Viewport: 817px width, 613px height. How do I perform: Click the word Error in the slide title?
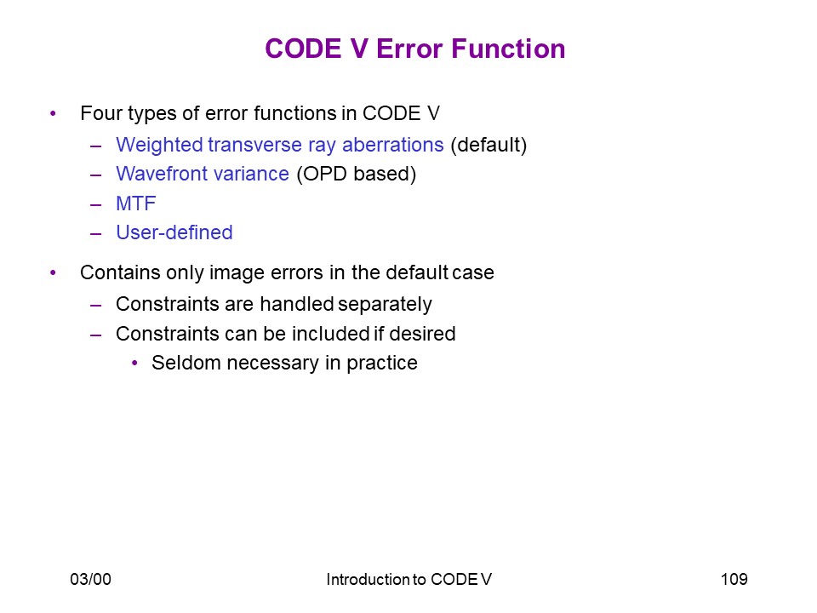[409, 49]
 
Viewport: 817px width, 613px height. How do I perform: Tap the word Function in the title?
[508, 49]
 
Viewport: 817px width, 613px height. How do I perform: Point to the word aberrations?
[393, 145]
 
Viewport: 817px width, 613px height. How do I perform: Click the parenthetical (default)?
[488, 145]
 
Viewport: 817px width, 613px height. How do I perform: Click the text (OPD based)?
[357, 174]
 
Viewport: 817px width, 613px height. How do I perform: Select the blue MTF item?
[136, 203]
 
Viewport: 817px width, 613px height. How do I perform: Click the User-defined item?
[174, 232]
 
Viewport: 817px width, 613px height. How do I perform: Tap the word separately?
[385, 305]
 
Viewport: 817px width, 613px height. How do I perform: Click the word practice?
[382, 364]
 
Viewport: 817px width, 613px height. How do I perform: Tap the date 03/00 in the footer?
[91, 579]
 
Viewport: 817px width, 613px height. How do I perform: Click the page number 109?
[734, 579]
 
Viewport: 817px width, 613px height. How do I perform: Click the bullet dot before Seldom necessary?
[135, 363]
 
